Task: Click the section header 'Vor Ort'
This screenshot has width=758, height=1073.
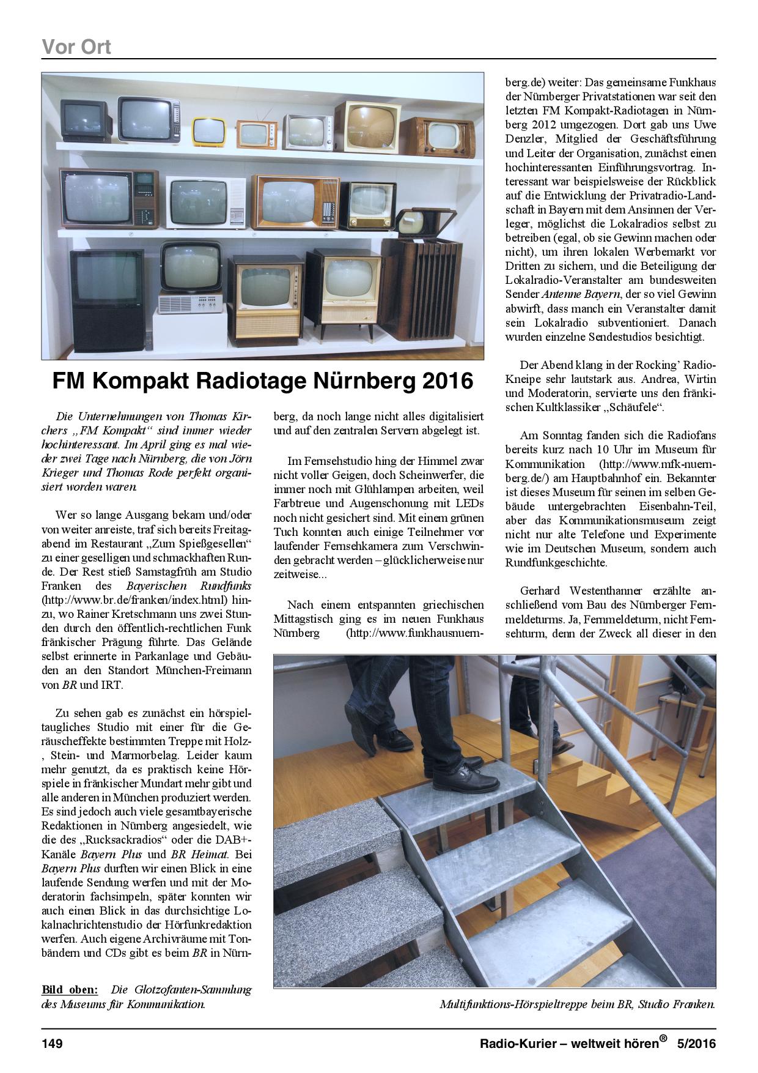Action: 76,46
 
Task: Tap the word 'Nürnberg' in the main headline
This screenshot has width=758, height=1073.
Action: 363,381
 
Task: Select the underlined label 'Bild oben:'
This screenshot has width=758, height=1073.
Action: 69,990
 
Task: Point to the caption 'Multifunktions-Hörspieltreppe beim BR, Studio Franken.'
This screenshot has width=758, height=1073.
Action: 576,1004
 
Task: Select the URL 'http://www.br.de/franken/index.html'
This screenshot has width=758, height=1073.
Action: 134,599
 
